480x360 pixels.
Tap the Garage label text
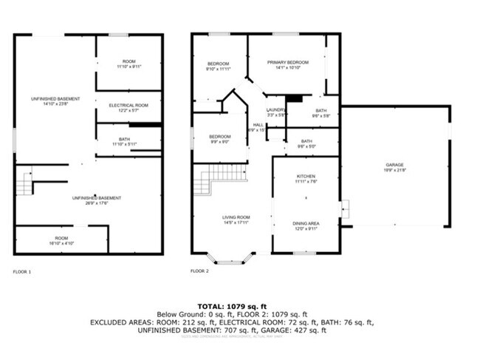(x=394, y=167)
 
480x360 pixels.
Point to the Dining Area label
(x=306, y=225)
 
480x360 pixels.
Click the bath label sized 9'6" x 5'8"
(x=321, y=112)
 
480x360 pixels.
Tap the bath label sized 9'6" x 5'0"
(x=306, y=143)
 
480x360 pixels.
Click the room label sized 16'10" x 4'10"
(x=61, y=240)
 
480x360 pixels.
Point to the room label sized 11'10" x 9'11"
(x=129, y=64)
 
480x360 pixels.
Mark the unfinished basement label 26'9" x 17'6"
(x=91, y=200)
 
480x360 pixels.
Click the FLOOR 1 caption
(x=22, y=271)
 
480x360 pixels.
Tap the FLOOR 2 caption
(x=199, y=271)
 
